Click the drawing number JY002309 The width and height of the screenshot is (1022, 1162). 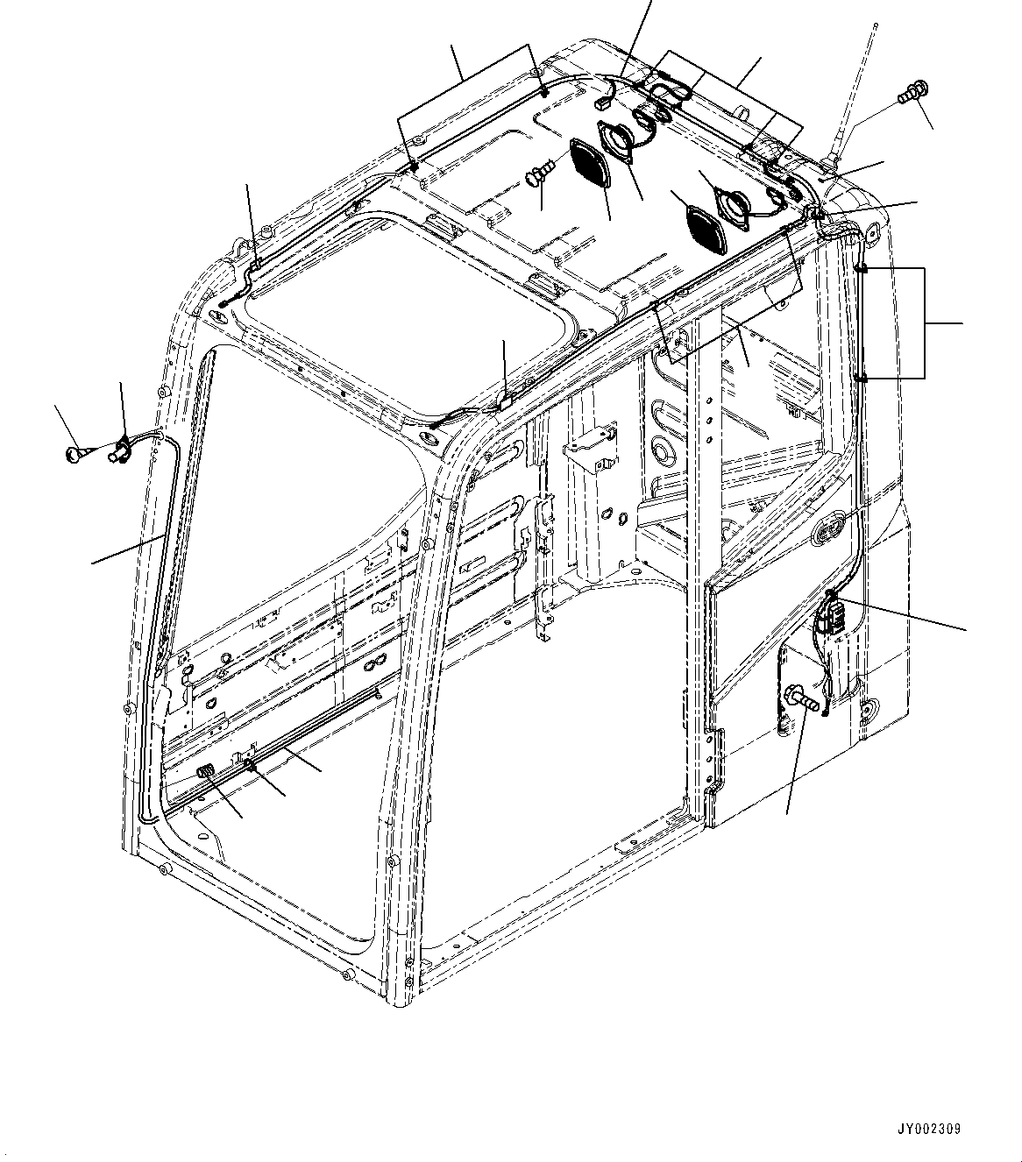[928, 1129]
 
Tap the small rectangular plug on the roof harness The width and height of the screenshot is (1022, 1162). [604, 103]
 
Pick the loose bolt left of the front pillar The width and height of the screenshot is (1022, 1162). [76, 453]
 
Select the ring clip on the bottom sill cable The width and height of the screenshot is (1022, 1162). [252, 766]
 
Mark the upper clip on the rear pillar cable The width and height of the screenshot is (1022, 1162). [862, 268]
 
